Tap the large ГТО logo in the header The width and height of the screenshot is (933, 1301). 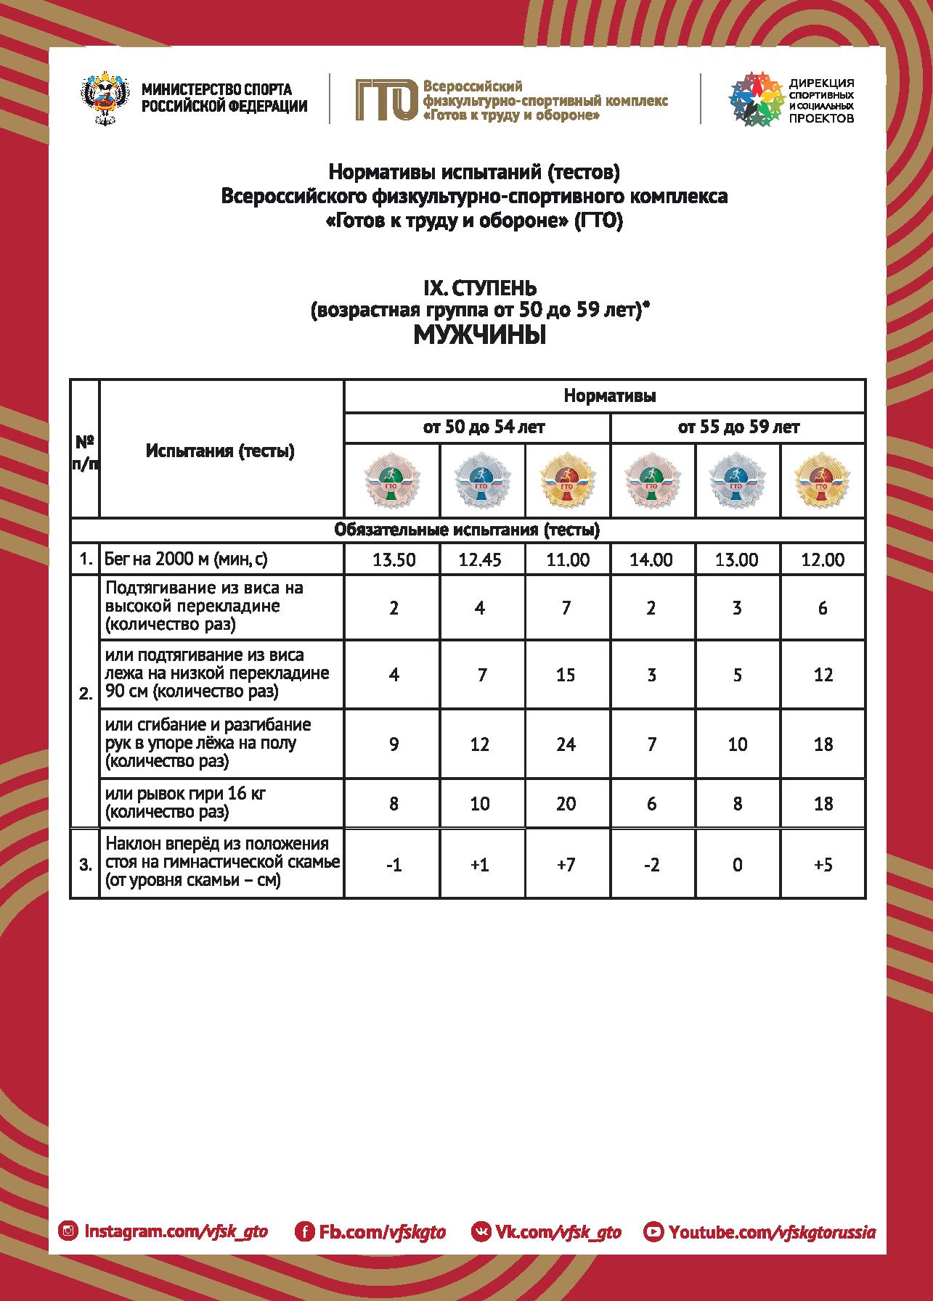(x=385, y=99)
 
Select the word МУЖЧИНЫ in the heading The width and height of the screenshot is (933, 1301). (x=479, y=335)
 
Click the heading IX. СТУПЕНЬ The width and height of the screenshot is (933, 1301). (x=479, y=290)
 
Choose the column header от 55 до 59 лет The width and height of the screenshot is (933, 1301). (x=738, y=427)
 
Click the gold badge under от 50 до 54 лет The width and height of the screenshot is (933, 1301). (x=566, y=480)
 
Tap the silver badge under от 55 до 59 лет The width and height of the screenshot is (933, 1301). (x=737, y=480)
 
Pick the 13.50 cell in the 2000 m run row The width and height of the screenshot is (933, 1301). (x=394, y=560)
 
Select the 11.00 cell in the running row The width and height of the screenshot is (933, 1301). (x=566, y=560)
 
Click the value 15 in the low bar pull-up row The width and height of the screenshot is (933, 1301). (x=566, y=675)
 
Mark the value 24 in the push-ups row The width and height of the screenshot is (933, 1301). (x=566, y=744)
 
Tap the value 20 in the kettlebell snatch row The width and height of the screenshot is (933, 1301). (x=566, y=804)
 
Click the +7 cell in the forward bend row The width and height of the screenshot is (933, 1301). (x=566, y=865)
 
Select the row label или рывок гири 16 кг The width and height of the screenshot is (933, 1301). (x=186, y=794)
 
